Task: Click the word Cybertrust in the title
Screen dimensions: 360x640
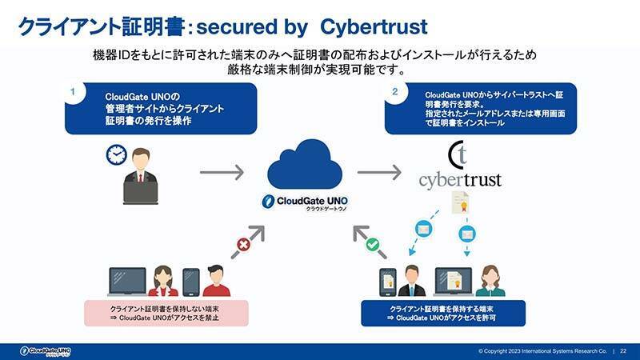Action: (x=373, y=26)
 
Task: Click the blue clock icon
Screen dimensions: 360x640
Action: (x=117, y=155)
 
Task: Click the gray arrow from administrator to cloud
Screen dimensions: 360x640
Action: (x=221, y=172)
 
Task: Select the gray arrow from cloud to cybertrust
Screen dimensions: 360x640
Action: (x=378, y=172)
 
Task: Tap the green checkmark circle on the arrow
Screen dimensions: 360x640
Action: (x=372, y=243)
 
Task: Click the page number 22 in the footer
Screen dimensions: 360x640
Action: (x=623, y=351)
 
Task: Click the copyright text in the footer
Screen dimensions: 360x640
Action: (x=542, y=351)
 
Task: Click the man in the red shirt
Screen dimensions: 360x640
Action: (x=214, y=281)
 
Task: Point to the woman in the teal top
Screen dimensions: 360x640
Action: (x=490, y=282)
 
